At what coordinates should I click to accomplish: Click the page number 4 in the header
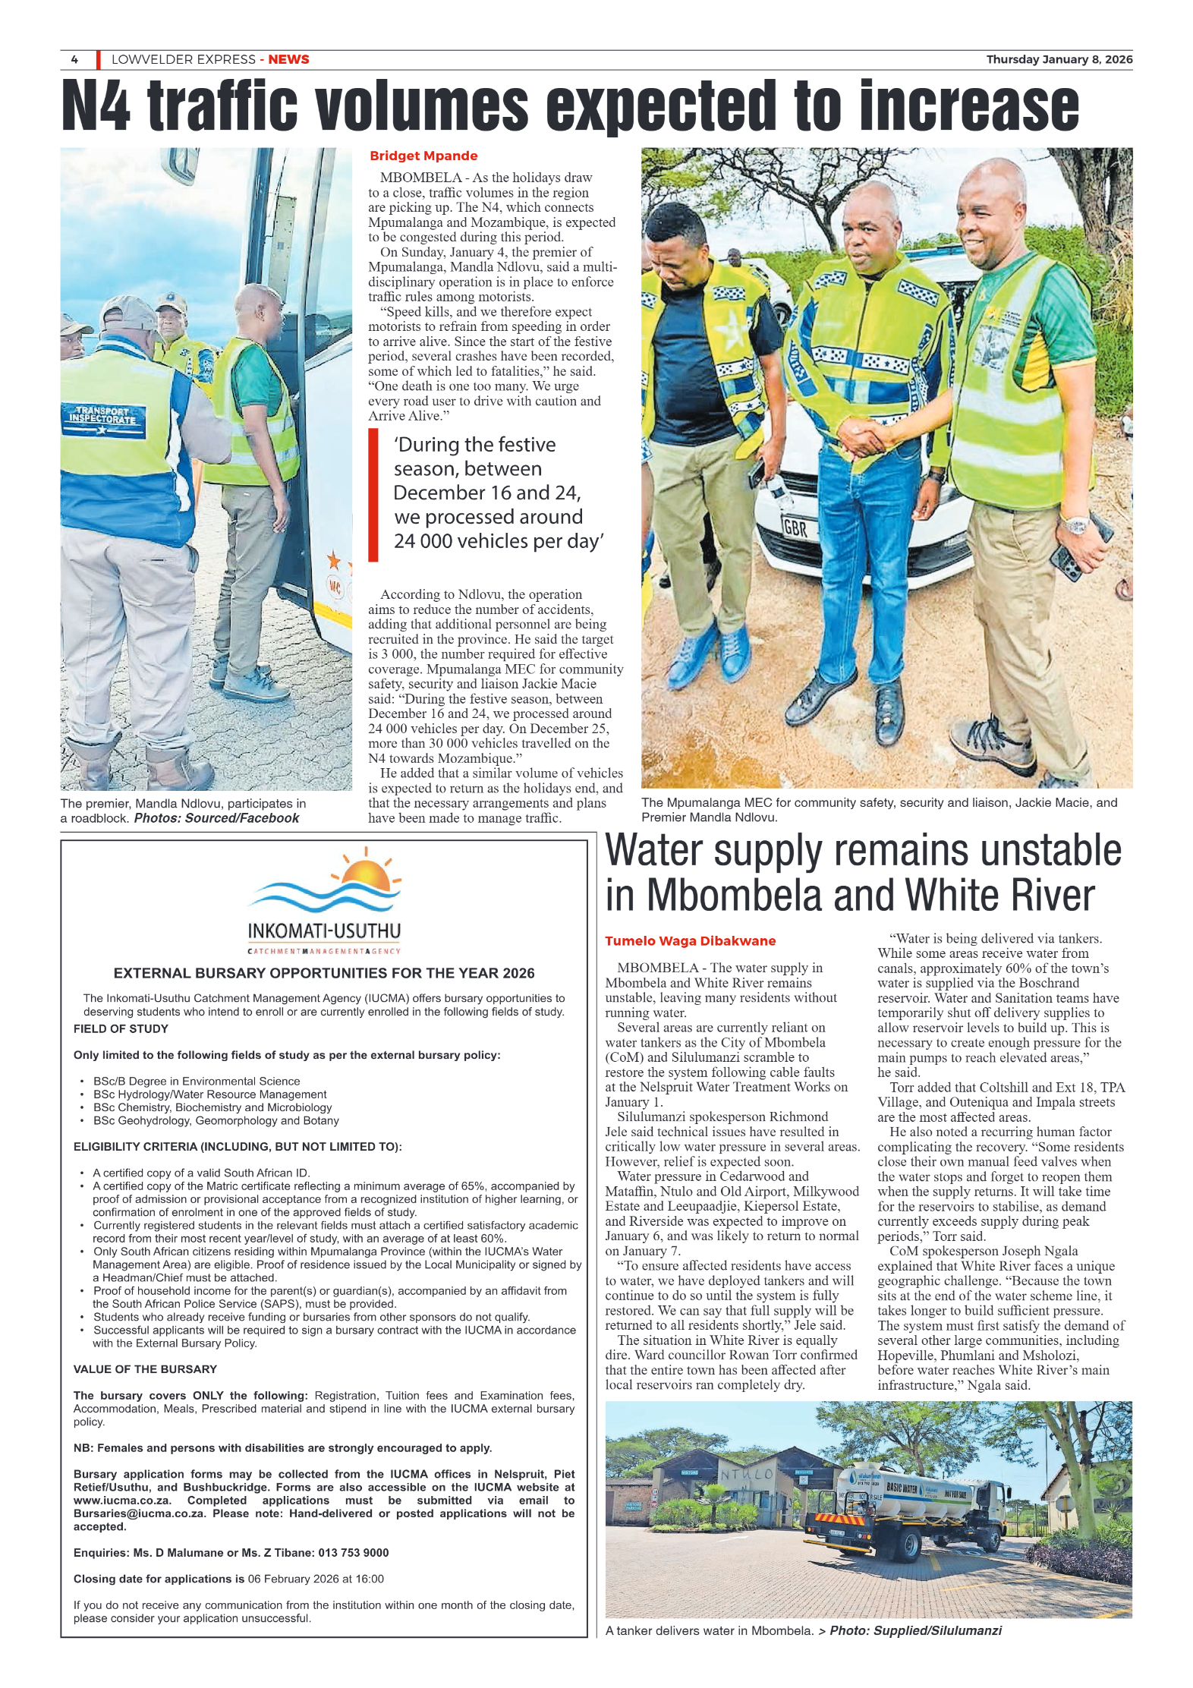pyautogui.click(x=74, y=60)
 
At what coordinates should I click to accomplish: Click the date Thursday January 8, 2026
pyautogui.click(x=1059, y=60)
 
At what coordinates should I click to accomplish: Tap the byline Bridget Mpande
pyautogui.click(x=423, y=156)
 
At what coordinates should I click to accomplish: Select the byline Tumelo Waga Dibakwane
pyautogui.click(x=690, y=941)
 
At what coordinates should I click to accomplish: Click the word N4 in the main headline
pyautogui.click(x=96, y=106)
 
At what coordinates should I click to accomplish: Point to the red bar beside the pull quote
pyautogui.click(x=373, y=495)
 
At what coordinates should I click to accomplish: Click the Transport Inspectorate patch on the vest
pyautogui.click(x=104, y=417)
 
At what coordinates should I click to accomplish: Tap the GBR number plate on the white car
pyautogui.click(x=795, y=527)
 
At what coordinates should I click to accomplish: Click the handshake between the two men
pyautogui.click(x=866, y=439)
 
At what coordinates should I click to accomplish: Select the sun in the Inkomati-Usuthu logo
pyautogui.click(x=367, y=874)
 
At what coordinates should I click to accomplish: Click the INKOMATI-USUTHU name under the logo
pyautogui.click(x=324, y=931)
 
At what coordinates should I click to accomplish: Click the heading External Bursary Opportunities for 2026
pyautogui.click(x=324, y=974)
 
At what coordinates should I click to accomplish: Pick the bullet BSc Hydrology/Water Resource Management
pyautogui.click(x=209, y=1094)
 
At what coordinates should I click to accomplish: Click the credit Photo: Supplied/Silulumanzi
pyautogui.click(x=915, y=1630)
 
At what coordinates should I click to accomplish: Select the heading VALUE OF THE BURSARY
pyautogui.click(x=145, y=1369)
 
